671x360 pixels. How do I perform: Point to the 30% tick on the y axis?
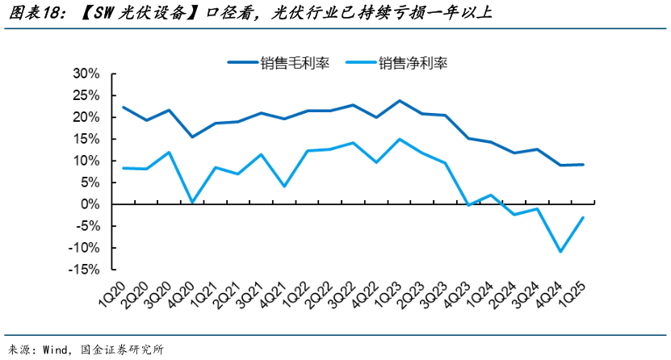point(86,73)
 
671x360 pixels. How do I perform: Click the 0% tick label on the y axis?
point(90,204)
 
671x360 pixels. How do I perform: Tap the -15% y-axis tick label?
point(85,270)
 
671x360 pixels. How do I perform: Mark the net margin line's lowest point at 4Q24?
point(560,252)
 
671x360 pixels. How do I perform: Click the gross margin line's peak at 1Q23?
point(400,101)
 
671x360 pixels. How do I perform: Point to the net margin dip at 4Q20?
point(192,202)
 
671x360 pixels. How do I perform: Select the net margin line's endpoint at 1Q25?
point(583,217)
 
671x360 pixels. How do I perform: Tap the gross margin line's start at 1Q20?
point(123,107)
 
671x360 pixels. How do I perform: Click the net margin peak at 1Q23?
point(400,139)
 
